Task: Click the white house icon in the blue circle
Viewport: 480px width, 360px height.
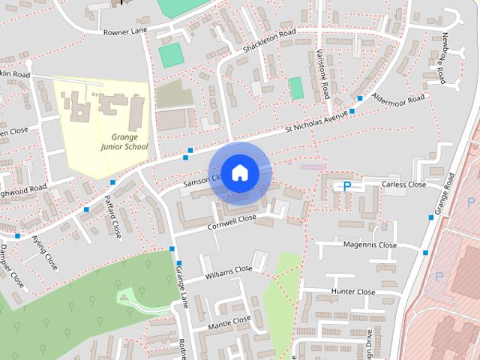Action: click(238, 172)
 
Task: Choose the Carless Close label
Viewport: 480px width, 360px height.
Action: click(403, 184)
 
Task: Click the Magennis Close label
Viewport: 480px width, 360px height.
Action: click(370, 245)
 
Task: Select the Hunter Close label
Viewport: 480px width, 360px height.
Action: click(354, 292)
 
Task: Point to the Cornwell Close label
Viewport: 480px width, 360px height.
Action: click(233, 219)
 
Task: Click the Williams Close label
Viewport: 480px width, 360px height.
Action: click(229, 270)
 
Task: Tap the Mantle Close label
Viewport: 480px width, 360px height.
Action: click(229, 320)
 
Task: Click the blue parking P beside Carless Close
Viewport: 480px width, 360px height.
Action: click(346, 185)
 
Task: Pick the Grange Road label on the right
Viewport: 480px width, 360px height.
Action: click(449, 190)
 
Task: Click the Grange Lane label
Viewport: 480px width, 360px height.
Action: click(180, 284)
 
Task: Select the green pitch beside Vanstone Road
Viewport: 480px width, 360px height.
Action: click(295, 88)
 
